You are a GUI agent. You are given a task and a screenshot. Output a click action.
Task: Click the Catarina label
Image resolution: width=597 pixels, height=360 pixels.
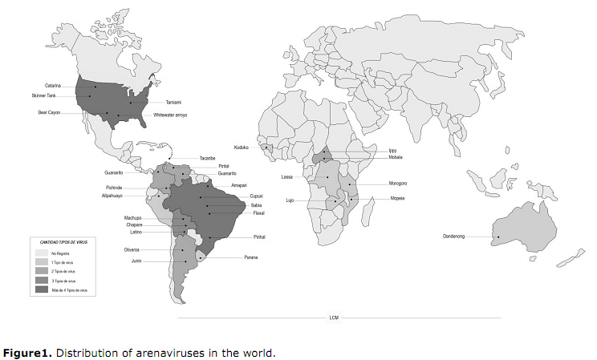(53, 86)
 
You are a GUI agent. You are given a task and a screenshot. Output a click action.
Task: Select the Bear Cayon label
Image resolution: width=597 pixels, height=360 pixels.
(50, 112)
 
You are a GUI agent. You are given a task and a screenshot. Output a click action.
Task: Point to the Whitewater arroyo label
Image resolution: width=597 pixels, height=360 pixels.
(170, 115)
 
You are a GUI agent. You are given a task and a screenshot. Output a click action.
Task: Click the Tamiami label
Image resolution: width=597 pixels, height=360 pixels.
(174, 103)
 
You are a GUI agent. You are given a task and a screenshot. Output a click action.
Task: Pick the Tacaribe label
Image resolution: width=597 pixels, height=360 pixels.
(209, 159)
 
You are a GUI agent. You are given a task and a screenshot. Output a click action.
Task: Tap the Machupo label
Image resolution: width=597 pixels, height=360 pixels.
(132, 218)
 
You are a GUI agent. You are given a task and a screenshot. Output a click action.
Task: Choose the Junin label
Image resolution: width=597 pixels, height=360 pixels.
(136, 261)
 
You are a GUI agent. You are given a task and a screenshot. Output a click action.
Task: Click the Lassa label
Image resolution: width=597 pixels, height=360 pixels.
(288, 176)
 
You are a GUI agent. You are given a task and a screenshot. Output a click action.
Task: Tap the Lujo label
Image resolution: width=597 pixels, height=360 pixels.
(290, 200)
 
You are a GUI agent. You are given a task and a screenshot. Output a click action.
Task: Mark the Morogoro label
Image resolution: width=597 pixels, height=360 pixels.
(398, 184)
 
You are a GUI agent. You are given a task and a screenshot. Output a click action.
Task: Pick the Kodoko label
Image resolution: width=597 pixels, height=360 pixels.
(242, 148)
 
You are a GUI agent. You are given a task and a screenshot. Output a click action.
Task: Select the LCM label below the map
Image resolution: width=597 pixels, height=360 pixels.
(334, 318)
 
